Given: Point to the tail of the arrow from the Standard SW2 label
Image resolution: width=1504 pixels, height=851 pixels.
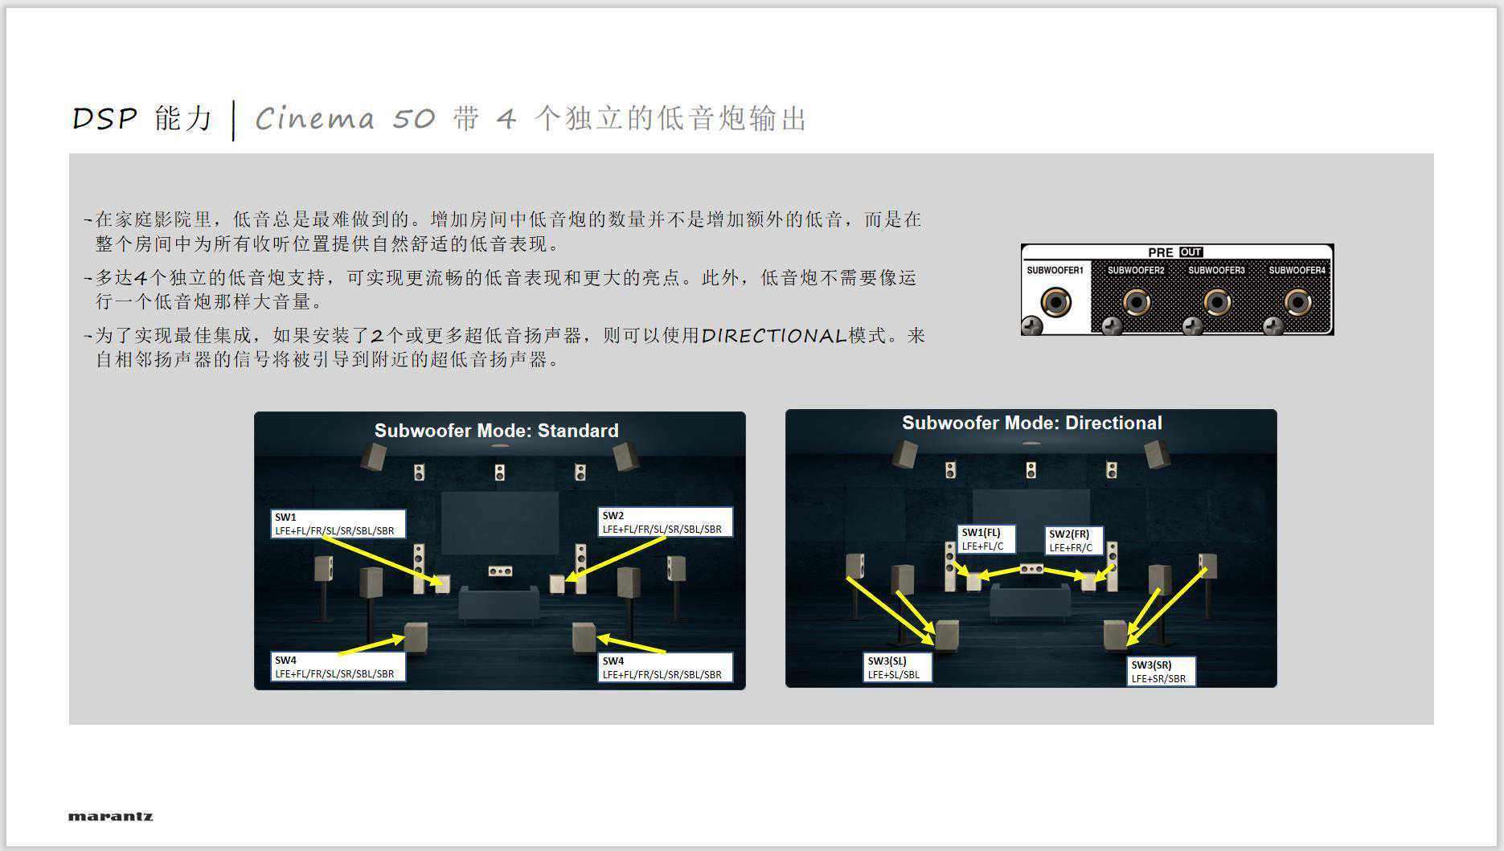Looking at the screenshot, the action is point(666,537).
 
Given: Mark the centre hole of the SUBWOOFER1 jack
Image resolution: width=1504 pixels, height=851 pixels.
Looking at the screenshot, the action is point(1055,304).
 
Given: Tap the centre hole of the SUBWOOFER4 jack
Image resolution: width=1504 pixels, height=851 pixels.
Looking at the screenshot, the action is point(1297,303).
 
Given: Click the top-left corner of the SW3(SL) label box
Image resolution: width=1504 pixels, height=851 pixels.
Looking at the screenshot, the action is point(864,653).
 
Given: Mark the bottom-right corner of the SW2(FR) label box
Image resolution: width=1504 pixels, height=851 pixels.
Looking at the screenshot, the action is point(1104,555).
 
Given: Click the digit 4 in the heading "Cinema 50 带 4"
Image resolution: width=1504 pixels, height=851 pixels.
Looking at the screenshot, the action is point(506,119).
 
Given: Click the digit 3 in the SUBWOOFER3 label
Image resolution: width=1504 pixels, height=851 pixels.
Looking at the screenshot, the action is point(1242,271).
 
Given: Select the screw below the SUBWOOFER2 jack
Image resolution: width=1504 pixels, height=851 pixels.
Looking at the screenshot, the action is point(1112,325).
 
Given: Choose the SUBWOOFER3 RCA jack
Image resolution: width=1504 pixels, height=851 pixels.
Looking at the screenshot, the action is point(1217,303).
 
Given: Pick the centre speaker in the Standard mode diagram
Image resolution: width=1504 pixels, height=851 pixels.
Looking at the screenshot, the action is point(500,571).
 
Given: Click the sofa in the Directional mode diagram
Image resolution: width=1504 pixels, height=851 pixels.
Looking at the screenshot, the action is point(1031,600).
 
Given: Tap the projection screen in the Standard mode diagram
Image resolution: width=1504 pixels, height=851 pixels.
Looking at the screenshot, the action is point(499,522).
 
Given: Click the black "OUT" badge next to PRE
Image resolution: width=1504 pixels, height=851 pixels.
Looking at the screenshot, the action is point(1190,252).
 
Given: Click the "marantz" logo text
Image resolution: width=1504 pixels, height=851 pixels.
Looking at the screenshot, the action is point(110,816).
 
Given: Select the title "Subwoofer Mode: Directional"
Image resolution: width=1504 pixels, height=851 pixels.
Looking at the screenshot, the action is point(1032,423).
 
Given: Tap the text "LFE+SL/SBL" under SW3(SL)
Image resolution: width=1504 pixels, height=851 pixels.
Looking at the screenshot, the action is point(893,674).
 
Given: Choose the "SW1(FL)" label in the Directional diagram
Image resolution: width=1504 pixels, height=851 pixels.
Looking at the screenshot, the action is point(981,532).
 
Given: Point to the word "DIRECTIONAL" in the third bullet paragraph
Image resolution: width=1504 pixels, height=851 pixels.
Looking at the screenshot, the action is point(774,335).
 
